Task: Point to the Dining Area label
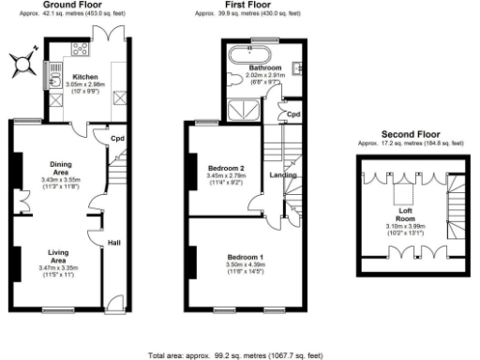[x=61, y=169]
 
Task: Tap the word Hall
[x=113, y=242]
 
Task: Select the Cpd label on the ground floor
[x=118, y=140]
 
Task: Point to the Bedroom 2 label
[x=226, y=168]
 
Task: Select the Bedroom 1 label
[x=247, y=256]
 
